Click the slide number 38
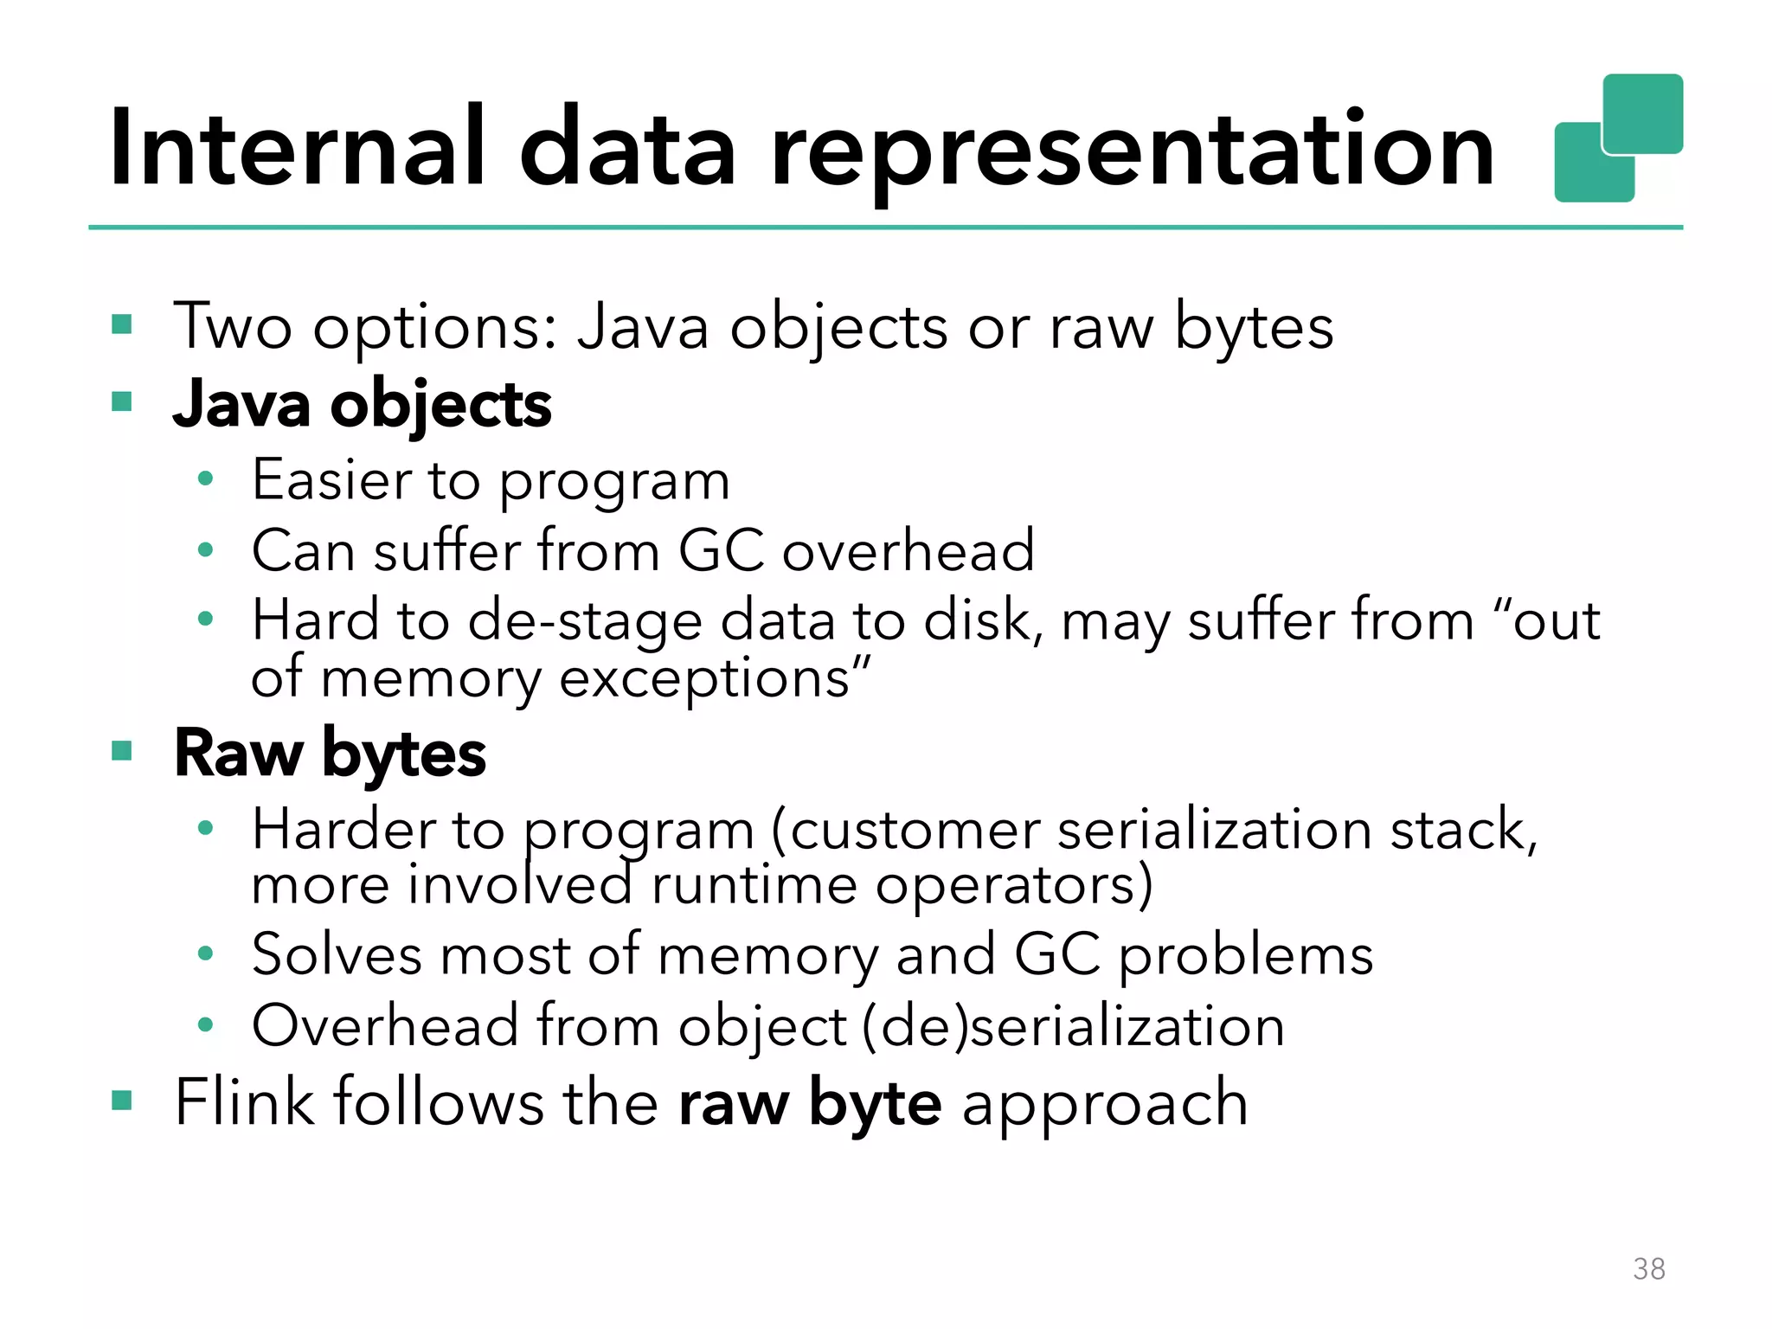coord(1648,1268)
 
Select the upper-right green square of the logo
coord(1643,112)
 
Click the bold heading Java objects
coord(362,405)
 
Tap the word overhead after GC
coord(908,550)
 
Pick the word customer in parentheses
coord(914,831)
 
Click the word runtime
coord(753,886)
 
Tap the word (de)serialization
coord(1073,1026)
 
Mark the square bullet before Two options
coord(122,325)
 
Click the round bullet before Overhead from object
coord(205,1025)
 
